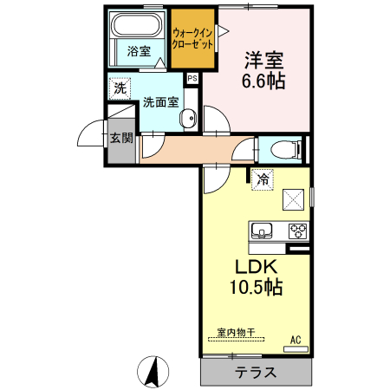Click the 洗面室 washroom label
coord(161,101)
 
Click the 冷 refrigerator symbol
coord(262,181)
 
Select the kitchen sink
coord(263,231)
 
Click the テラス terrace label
coord(256,374)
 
